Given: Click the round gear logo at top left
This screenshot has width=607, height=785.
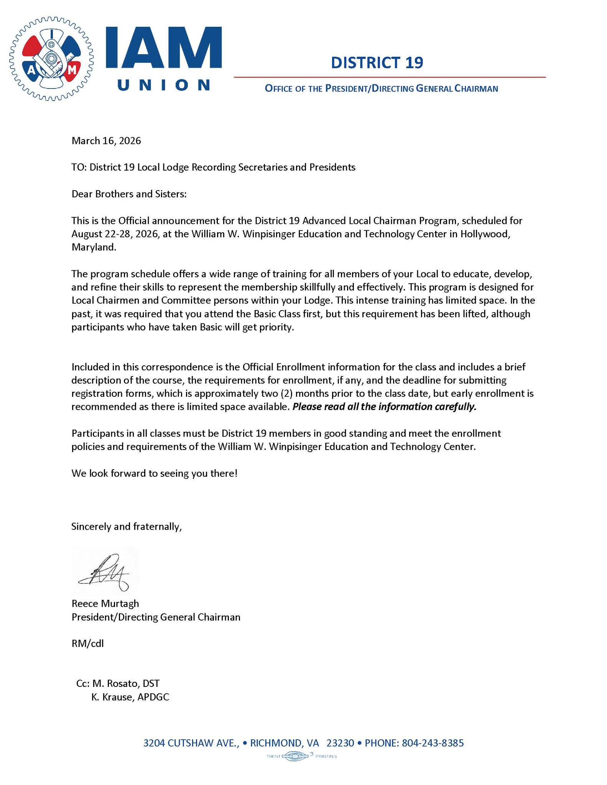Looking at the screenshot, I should click(51, 59).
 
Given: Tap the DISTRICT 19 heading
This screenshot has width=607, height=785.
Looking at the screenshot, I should click(377, 63).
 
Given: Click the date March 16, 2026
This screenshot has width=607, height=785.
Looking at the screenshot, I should click(106, 141).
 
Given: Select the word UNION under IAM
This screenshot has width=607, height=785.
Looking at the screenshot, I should click(164, 85).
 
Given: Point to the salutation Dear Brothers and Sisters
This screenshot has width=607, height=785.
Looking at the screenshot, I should click(129, 194).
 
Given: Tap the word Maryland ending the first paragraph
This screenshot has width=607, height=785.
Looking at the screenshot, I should click(94, 247).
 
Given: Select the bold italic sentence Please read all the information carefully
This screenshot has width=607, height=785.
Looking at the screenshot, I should click(384, 407).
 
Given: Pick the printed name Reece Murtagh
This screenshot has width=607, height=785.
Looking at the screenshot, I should click(105, 604).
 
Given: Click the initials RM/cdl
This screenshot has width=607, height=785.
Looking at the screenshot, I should click(87, 644).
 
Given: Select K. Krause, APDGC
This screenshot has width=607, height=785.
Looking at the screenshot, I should click(130, 697).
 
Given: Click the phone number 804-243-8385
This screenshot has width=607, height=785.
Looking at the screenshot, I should click(433, 743).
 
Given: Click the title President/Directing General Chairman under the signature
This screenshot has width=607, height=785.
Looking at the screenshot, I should click(156, 617).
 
